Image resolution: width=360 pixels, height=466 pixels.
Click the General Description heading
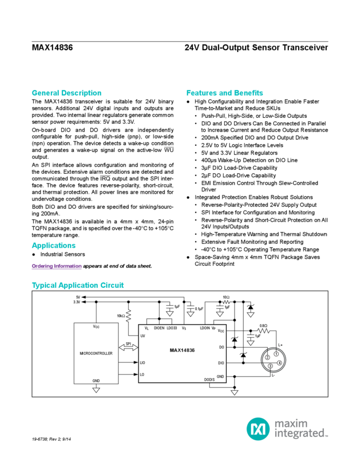(x=66, y=93)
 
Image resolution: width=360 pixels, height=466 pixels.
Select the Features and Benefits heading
(x=225, y=93)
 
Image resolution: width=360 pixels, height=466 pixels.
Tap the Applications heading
(x=53, y=245)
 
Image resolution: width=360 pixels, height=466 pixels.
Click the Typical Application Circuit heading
(x=78, y=286)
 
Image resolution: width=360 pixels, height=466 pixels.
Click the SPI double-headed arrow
(x=130, y=345)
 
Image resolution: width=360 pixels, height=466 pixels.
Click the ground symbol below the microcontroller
(x=96, y=390)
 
